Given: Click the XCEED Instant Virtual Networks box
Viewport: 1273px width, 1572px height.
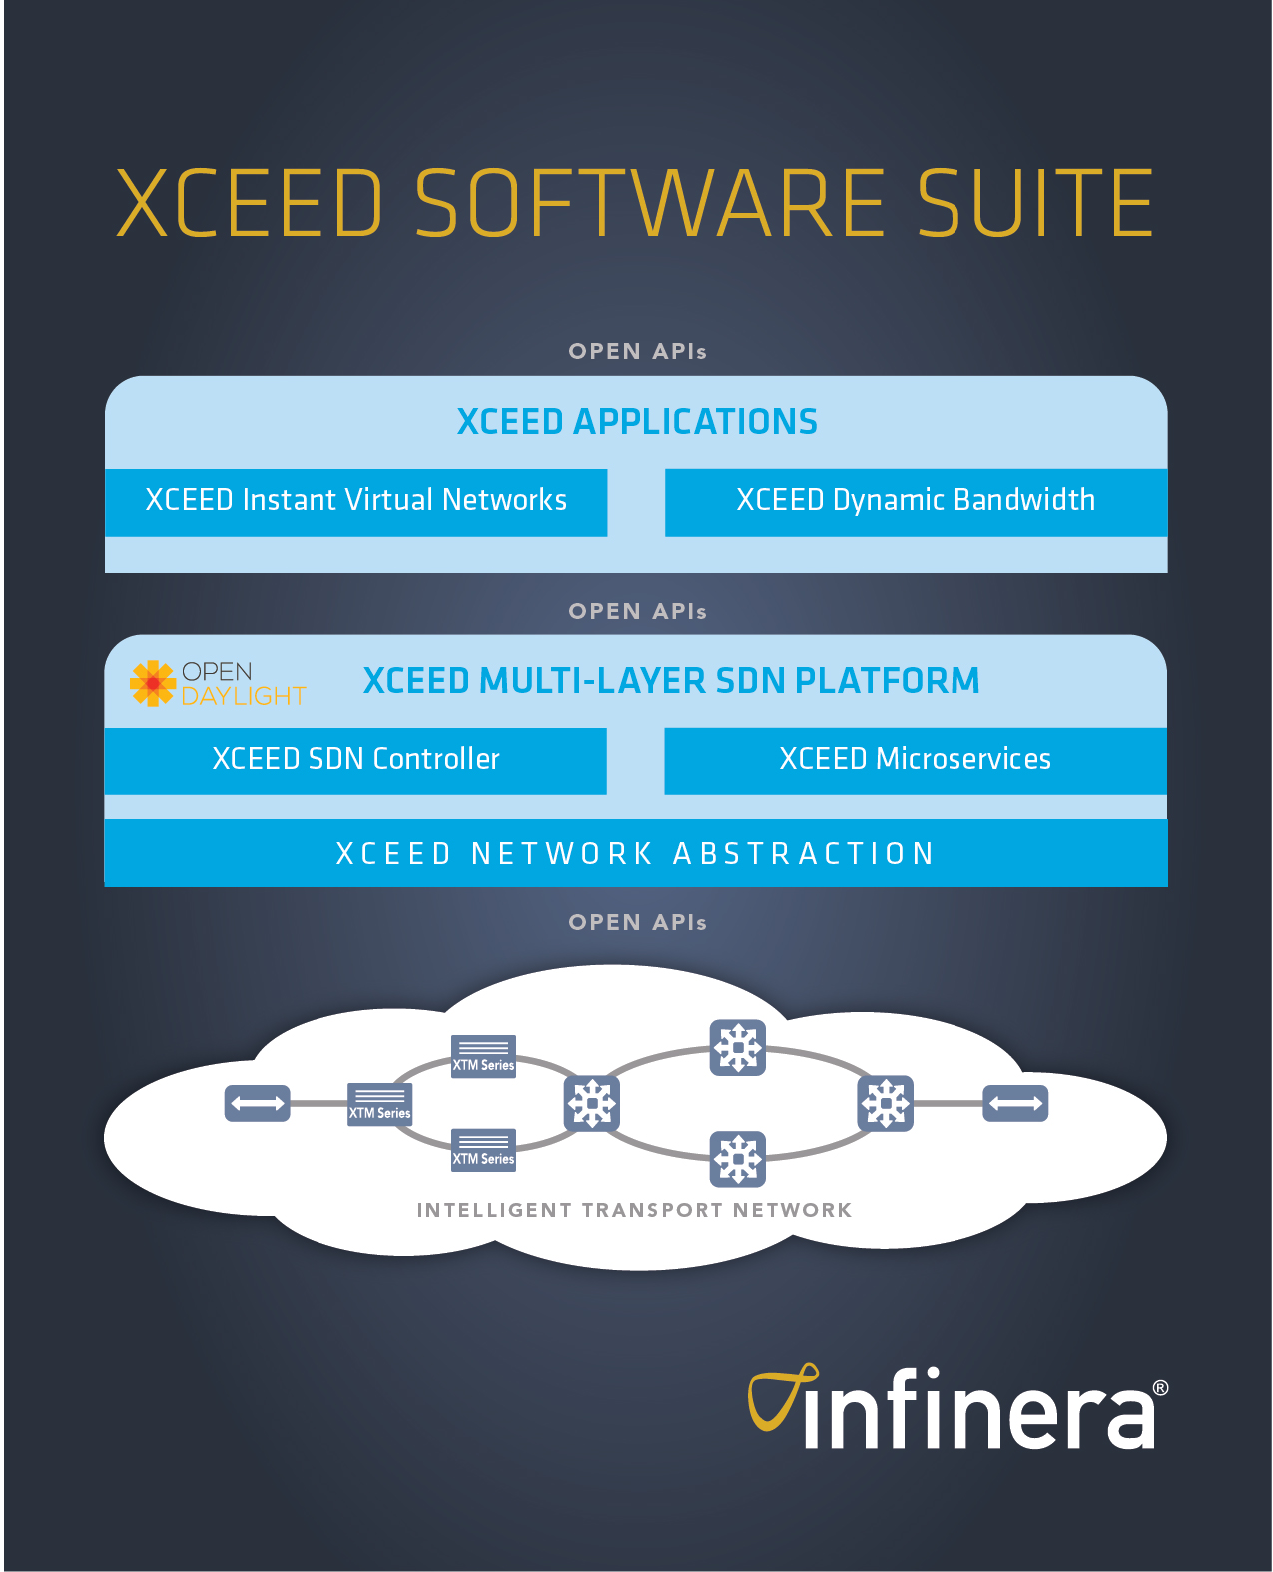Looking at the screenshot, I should tap(355, 501).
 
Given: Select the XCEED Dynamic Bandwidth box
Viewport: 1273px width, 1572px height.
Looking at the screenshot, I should tap(916, 501).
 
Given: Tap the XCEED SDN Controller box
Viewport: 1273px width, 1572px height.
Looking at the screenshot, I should tap(355, 760).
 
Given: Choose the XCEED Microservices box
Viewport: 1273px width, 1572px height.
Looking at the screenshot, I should tap(915, 760).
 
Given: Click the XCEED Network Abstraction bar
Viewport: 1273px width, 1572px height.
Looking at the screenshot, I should tap(636, 854).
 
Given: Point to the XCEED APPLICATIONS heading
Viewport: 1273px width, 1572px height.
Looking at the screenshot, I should tap(637, 422).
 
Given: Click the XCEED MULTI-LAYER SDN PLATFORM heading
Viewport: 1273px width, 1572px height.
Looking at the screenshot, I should tap(671, 681).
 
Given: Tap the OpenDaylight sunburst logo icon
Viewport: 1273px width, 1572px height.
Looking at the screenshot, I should tap(153, 683).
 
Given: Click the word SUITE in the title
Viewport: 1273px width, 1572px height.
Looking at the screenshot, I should tap(1034, 204).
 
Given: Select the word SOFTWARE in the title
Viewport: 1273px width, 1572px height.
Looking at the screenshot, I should tap(649, 204).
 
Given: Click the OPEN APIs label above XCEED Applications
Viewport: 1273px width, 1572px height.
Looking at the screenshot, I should tap(637, 351).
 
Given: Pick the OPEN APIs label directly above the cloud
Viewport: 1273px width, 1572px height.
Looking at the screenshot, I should tap(637, 922).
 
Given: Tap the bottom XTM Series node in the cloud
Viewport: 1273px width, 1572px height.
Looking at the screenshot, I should tap(484, 1150).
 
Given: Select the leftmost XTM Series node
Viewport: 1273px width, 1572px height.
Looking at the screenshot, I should tap(379, 1104).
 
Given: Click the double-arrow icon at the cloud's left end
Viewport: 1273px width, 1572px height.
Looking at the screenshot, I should tap(258, 1103).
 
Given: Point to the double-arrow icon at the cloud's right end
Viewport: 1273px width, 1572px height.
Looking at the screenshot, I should tap(1015, 1103).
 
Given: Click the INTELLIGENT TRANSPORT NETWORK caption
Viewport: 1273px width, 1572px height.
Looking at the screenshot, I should tap(634, 1210).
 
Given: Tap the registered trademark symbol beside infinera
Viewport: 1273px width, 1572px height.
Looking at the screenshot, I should tap(1160, 1388).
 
